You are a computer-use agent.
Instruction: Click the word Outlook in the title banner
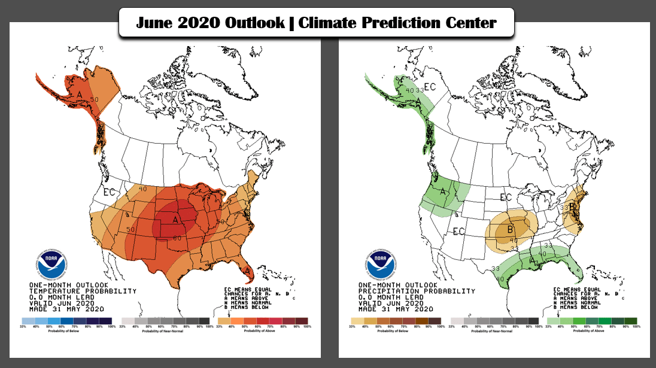point(254,23)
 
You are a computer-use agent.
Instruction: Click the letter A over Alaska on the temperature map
point(79,95)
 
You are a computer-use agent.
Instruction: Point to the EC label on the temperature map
point(109,192)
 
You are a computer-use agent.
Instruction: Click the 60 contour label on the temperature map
point(178,238)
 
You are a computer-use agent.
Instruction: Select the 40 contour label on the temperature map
point(142,188)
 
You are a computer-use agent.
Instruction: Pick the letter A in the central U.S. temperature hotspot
point(176,220)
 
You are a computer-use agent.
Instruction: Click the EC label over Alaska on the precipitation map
point(430,87)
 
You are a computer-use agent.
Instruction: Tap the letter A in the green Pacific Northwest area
point(444,191)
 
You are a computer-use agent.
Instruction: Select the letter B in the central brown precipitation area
point(511,228)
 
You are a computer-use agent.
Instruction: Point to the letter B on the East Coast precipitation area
point(573,206)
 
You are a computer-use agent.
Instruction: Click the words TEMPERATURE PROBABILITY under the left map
point(83,291)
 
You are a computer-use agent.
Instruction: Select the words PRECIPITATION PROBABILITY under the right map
point(416,291)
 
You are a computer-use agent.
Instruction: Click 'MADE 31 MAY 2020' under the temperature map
point(66,309)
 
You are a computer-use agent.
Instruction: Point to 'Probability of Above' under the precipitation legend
point(593,331)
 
